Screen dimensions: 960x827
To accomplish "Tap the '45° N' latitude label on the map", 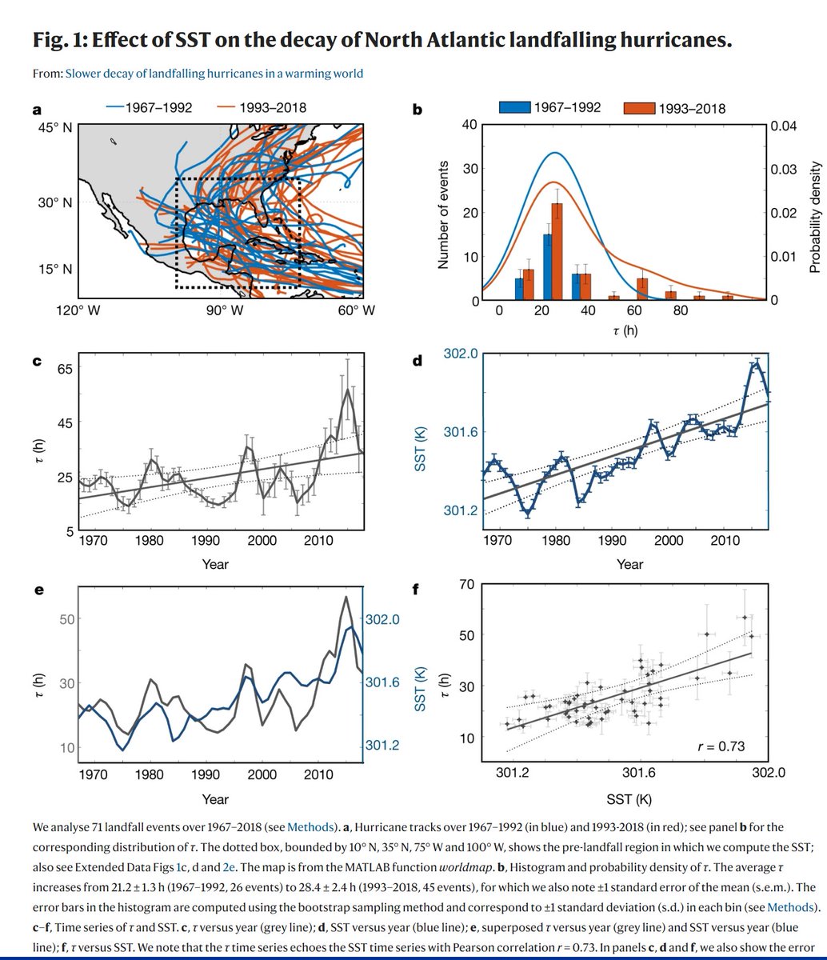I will point(56,125).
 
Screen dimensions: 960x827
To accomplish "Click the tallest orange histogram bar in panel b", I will point(557,252).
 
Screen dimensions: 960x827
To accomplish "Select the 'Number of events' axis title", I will point(445,214).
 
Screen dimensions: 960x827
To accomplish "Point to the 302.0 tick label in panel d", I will point(461,354).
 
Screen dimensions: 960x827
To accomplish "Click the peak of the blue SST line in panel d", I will point(755,362).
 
